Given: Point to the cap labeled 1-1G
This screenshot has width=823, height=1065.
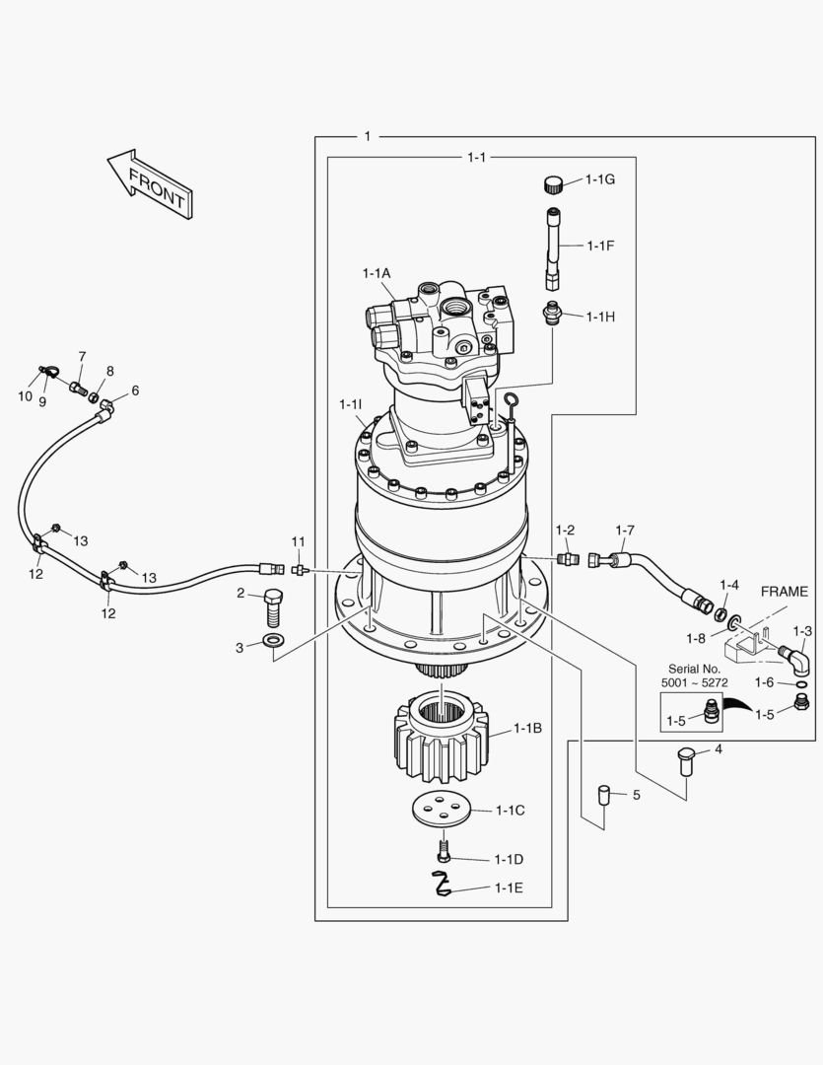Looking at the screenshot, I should click(554, 182).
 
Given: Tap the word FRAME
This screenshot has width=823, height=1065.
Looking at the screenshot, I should click(789, 592).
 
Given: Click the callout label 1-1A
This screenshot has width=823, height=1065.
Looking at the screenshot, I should click(377, 272).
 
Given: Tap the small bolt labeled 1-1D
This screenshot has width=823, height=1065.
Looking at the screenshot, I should click(445, 850).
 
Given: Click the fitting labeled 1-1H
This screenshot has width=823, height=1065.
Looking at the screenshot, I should click(552, 314).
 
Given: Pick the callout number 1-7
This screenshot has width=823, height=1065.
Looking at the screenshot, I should click(625, 531).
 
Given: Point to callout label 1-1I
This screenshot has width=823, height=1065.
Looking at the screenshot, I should click(350, 404).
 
